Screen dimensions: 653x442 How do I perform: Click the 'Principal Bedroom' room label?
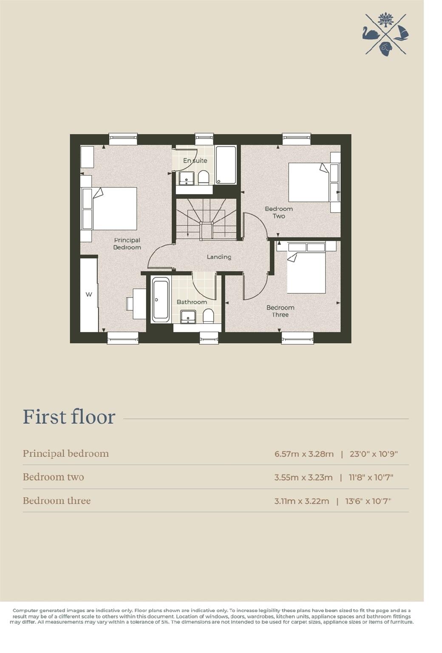point(127,244)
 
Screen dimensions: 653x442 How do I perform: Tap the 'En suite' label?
point(195,160)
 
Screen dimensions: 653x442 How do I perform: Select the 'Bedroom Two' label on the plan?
point(279,212)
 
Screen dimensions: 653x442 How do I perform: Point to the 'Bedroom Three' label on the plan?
point(280,311)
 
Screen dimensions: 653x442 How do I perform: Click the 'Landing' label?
point(219,257)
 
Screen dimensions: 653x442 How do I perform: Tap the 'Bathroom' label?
point(192,302)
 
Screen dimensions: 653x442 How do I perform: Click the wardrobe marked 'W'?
point(89,294)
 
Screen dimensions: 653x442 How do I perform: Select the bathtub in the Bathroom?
point(161,300)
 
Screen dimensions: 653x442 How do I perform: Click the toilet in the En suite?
point(204,177)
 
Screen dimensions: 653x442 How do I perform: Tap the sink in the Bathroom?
point(188,316)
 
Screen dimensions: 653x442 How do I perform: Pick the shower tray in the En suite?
point(226,165)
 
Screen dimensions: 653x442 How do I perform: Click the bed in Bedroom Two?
point(309,182)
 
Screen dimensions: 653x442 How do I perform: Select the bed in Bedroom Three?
point(306,273)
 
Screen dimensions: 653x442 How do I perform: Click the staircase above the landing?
point(207,219)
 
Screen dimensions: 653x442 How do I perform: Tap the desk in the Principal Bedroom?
point(139,304)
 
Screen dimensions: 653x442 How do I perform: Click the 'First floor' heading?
point(69,417)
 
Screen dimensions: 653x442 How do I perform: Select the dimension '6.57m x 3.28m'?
point(304,454)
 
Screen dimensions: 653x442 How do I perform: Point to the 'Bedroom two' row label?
point(54,477)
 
